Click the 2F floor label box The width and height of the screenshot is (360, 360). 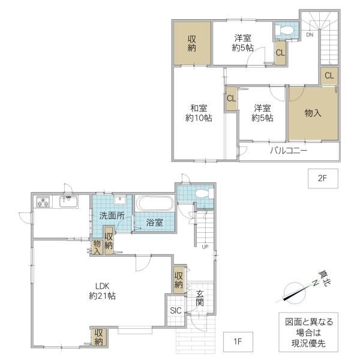click(323, 178)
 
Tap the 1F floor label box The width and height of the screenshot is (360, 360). click(238, 341)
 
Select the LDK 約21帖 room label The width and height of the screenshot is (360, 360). click(102, 291)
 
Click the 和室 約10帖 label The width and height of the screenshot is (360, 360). click(199, 113)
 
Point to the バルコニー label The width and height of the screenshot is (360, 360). click(289, 151)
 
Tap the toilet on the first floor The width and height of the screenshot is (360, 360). click(204, 193)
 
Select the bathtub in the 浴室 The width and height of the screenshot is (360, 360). click(155, 203)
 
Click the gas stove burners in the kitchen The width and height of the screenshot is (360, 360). click(43, 202)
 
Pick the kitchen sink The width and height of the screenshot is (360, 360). click(68, 202)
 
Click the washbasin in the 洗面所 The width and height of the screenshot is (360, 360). click(119, 200)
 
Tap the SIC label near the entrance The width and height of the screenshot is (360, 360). click(176, 310)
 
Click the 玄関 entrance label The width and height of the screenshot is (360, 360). click(200, 298)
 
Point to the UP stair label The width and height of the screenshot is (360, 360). click(205, 247)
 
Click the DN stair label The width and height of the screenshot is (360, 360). click(310, 35)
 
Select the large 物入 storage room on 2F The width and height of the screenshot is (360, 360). click(313, 113)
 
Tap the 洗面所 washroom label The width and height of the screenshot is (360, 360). click(112, 215)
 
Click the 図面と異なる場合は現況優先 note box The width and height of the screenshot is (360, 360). click(308, 332)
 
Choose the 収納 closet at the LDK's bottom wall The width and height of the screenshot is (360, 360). click(99, 337)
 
